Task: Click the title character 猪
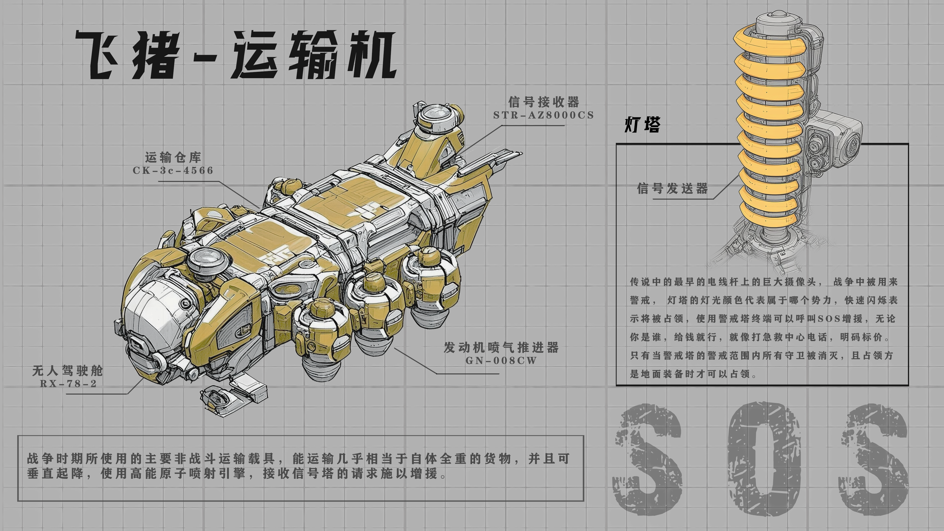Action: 156,55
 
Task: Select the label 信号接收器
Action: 544,102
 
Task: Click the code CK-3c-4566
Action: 173,170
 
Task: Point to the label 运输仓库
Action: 173,157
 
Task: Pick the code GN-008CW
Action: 501,361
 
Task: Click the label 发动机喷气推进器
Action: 501,347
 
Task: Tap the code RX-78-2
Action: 68,384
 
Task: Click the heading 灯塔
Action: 642,125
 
